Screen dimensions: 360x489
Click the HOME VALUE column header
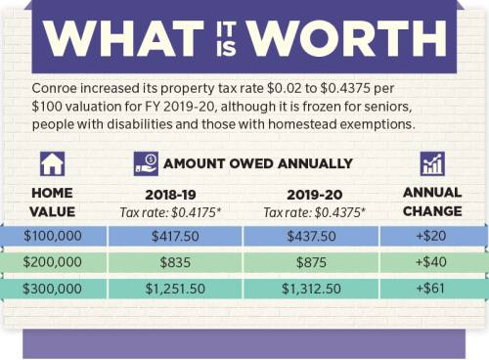click(x=52, y=202)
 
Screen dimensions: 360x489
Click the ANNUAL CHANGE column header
click(x=431, y=202)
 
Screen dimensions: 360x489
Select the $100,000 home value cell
click(x=52, y=236)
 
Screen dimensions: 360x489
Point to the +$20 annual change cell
click(x=431, y=236)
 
